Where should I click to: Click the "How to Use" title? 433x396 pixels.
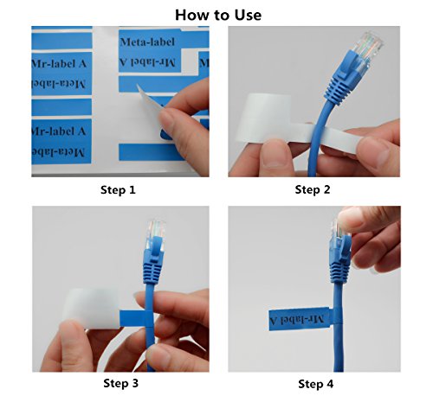pyautogui.click(x=218, y=15)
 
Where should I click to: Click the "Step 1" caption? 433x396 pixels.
pyautogui.click(x=118, y=190)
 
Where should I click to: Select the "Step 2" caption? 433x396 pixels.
pyautogui.click(x=313, y=189)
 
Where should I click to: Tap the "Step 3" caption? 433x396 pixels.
pyautogui.click(x=120, y=383)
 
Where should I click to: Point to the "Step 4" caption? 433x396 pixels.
pyautogui.click(x=315, y=384)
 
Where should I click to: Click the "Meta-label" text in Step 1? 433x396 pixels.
pyautogui.click(x=147, y=42)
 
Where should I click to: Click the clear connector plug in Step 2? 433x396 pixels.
pyautogui.click(x=367, y=49)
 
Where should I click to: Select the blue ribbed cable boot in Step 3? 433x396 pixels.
pyautogui.click(x=152, y=271)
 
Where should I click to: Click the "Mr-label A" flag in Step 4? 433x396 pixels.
pyautogui.click(x=299, y=319)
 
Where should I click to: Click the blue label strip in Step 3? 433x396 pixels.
pyautogui.click(x=133, y=319)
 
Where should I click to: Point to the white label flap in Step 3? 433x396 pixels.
pyautogui.click(x=91, y=308)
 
